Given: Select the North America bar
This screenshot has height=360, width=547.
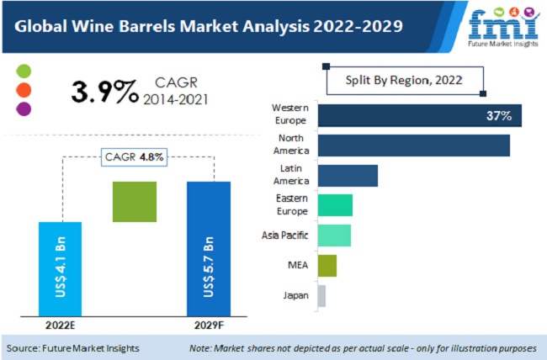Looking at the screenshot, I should [x=414, y=145].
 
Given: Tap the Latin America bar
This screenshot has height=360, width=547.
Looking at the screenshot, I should [x=348, y=175].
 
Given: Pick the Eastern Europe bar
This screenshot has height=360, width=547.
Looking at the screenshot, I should [x=335, y=204].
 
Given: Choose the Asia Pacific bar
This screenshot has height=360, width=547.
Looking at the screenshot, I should [x=334, y=235].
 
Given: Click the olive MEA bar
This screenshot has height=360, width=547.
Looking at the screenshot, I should [x=327, y=266].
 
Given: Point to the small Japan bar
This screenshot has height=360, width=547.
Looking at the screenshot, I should [x=321, y=295].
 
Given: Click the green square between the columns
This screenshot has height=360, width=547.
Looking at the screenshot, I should [x=135, y=202].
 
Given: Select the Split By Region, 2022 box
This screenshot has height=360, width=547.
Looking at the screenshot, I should [x=405, y=82].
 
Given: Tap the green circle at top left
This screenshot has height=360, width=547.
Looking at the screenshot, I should [x=24, y=71].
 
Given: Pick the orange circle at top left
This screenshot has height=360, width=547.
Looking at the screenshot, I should [x=24, y=89].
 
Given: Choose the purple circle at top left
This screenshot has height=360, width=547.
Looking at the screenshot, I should [x=24, y=108].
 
